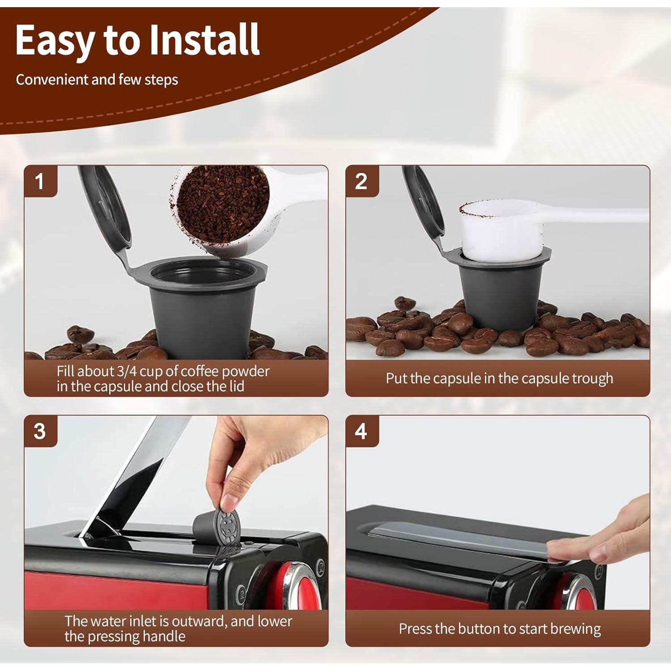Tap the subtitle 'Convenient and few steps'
(x=97, y=80)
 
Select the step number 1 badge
(x=40, y=181)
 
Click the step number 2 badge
(x=361, y=181)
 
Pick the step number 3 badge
(x=40, y=431)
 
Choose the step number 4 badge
(x=361, y=431)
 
